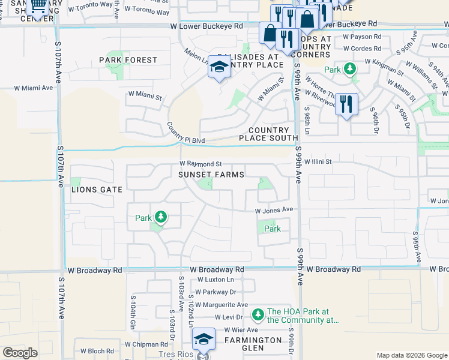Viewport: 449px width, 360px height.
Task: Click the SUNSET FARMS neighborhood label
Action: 211,175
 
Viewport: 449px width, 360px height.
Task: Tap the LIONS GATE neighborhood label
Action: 97,190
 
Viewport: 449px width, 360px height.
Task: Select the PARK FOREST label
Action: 128,60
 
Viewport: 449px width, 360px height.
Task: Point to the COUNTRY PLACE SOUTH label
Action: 268,134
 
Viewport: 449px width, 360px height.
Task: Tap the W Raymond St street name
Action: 201,164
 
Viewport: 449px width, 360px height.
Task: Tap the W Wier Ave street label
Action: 241,330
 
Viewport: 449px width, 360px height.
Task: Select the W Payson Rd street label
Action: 362,37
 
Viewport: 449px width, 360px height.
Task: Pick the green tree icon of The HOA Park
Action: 258,314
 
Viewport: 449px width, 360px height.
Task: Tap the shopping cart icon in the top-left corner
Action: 38,7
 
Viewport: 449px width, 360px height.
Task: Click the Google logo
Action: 20,353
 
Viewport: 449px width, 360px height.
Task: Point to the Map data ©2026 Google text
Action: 411,355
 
